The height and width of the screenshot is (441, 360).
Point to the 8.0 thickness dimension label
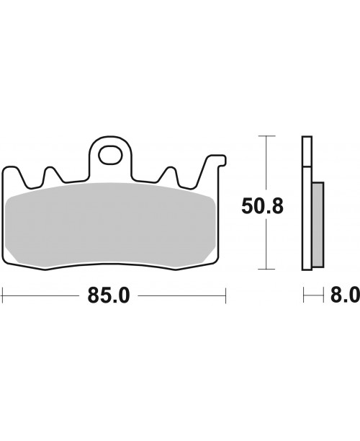(344, 295)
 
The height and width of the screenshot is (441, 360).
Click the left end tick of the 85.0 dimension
(3, 295)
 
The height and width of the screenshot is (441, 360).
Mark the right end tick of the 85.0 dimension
(226, 295)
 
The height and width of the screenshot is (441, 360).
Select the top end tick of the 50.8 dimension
(267, 135)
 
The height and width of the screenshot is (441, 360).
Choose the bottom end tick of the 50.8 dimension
(267, 271)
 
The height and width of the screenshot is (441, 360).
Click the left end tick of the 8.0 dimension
(303, 295)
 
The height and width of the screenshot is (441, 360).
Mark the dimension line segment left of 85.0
(43, 295)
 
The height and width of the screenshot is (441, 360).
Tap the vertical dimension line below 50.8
(267, 245)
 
